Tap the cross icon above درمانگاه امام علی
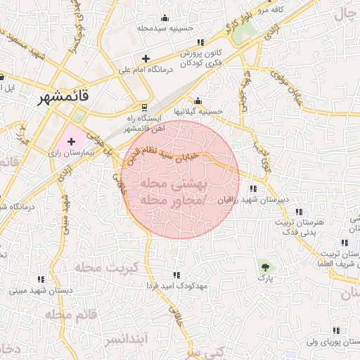point(146,58)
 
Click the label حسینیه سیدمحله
point(166,29)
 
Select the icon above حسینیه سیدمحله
point(165,18)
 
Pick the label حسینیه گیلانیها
point(198,111)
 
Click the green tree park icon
point(264,266)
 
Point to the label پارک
point(266,278)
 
